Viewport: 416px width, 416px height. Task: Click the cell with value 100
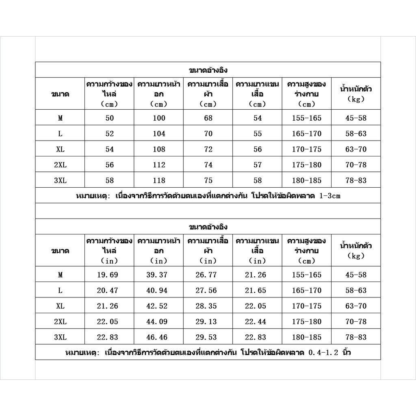coord(159,118)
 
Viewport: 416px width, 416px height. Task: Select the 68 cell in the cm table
coord(208,118)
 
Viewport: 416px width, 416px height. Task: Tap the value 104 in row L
coord(159,134)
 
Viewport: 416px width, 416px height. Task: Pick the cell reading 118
coord(159,180)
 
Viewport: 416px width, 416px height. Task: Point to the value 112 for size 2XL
coord(159,165)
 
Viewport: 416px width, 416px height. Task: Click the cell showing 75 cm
coord(208,180)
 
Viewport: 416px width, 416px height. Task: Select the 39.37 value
coord(159,275)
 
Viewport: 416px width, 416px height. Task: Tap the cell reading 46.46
coord(159,337)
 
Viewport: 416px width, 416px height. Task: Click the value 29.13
coord(208,322)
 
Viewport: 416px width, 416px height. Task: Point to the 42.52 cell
coord(159,306)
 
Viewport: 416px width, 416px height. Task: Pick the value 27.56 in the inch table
coord(208,290)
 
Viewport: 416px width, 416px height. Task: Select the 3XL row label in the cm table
coord(60,180)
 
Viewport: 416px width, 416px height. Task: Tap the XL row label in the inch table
coord(60,306)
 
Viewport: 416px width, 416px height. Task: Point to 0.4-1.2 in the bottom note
coord(325,353)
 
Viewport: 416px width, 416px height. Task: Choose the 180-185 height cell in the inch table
coord(307,337)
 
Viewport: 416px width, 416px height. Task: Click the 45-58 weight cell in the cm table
coord(356,118)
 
